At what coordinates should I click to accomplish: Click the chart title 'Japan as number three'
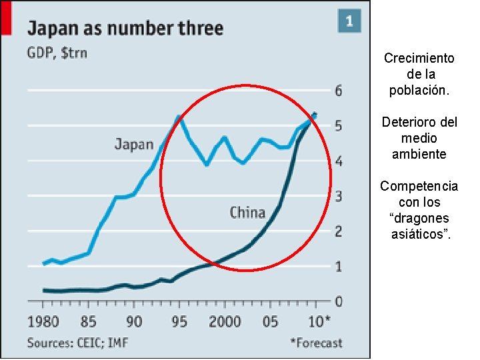[x=125, y=29]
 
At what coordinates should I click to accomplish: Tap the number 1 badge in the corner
[x=349, y=21]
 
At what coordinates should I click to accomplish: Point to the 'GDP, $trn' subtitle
[x=57, y=53]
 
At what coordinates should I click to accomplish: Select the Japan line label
[x=133, y=144]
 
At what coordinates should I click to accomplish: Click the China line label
[x=247, y=213]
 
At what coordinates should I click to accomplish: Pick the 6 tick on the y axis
[x=339, y=91]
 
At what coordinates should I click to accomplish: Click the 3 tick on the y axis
[x=339, y=197]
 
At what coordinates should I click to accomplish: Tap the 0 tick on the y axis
[x=339, y=302]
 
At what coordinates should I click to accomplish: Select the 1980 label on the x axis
[x=43, y=322]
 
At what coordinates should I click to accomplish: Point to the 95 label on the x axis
[x=179, y=322]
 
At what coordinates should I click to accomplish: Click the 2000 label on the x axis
[x=225, y=322]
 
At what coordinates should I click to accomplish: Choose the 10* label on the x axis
[x=318, y=322]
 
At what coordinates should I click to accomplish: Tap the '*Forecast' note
[x=315, y=343]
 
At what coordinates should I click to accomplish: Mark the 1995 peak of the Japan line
[x=179, y=117]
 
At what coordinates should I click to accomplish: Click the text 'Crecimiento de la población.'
[x=419, y=73]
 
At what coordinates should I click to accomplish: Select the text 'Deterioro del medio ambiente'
[x=419, y=138]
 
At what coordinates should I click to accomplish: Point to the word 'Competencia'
[x=419, y=186]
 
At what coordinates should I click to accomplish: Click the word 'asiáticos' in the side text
[x=420, y=233]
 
